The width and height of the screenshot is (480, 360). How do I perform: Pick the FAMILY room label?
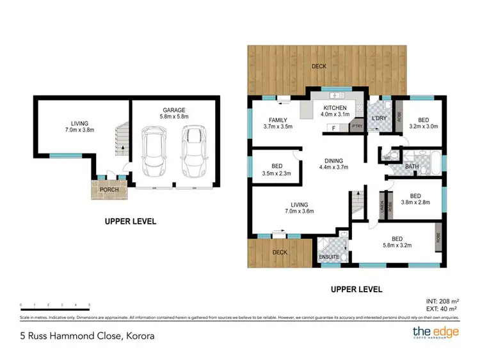[277, 123]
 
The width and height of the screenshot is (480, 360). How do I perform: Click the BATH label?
[412, 168]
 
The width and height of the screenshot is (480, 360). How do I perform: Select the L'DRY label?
[380, 120]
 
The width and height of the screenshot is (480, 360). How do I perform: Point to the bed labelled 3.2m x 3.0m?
[423, 123]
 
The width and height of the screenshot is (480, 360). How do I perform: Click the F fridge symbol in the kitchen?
[333, 128]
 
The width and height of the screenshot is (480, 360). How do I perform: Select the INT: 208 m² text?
[441, 301]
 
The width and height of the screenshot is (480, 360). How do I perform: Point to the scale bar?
[55, 306]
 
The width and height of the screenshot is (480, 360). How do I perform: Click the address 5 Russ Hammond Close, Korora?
[87, 335]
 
